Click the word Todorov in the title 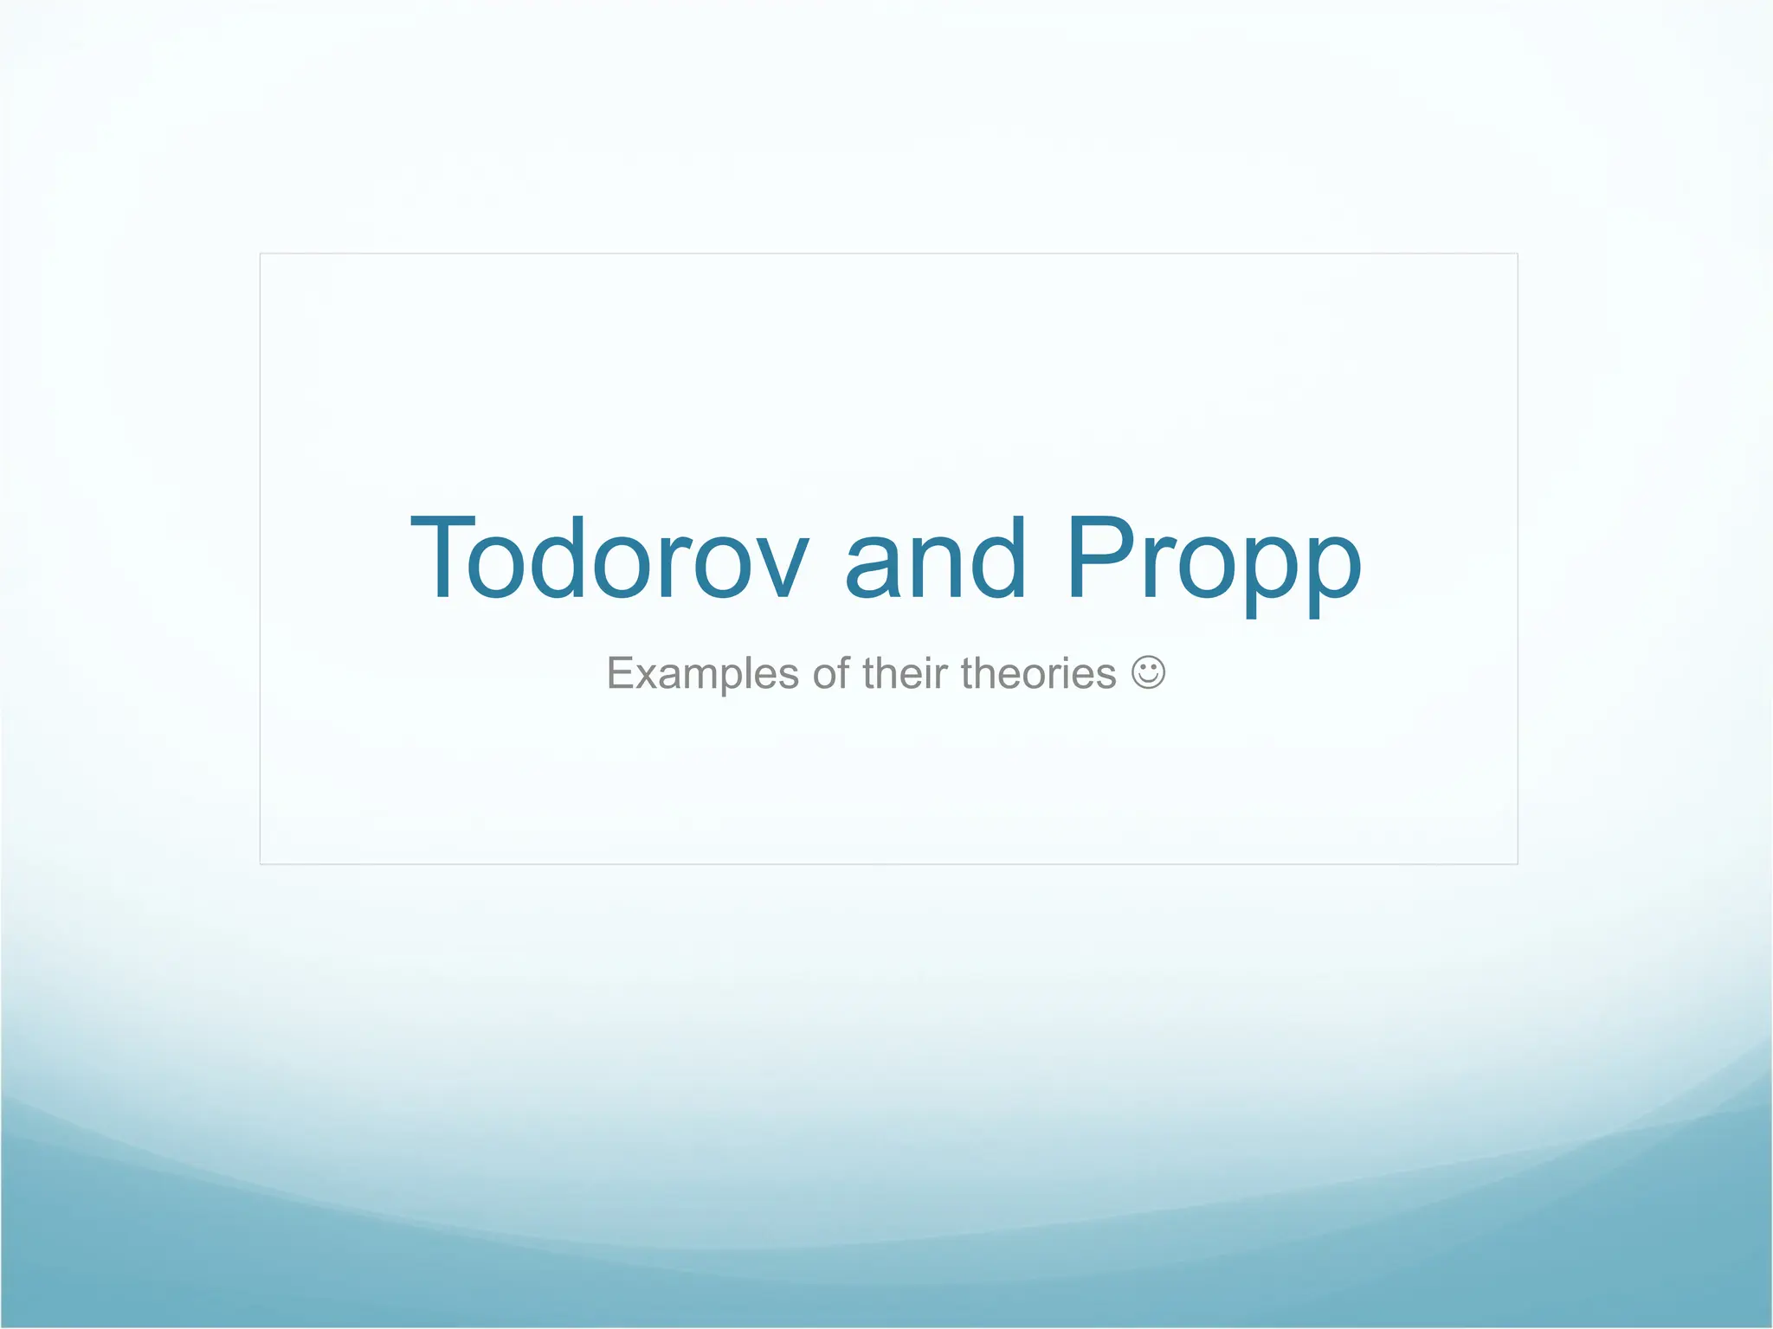pos(609,558)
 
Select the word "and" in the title pos(935,558)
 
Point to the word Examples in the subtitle pos(702,674)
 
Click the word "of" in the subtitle pos(830,673)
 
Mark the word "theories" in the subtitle pos(1038,673)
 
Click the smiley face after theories pos(1148,672)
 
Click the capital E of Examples pos(621,673)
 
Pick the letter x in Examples pos(648,677)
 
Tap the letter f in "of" pos(841,672)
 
